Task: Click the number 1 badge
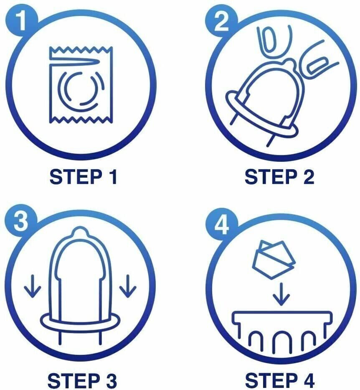point(22,22)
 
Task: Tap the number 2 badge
point(221,22)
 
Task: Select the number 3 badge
point(21,220)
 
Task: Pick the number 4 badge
point(221,224)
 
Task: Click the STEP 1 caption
point(83,177)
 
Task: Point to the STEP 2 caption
point(279,177)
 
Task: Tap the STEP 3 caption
point(82,380)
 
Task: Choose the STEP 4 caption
point(280,380)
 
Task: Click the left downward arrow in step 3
point(32,286)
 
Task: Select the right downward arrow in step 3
point(128,286)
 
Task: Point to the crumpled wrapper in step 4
point(273,260)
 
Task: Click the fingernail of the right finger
point(317,66)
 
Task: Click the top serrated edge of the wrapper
point(81,49)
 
